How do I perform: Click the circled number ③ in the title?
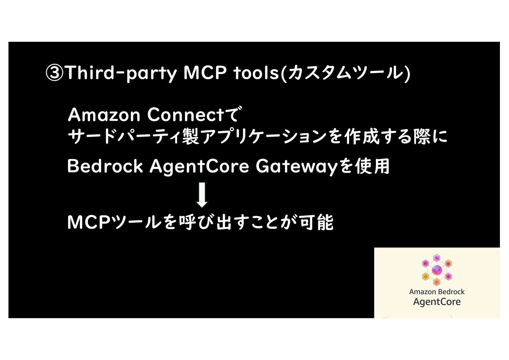[54, 73]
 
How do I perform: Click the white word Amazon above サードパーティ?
[104, 115]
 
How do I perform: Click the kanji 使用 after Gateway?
[372, 166]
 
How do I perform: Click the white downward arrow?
[202, 195]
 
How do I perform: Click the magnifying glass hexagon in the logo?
[437, 258]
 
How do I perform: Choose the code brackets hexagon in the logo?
[436, 282]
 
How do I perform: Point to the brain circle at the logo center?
[437, 270]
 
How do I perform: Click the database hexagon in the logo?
[426, 264]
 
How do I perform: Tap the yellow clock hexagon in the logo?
[426, 276]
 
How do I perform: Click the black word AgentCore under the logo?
[437, 302]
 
